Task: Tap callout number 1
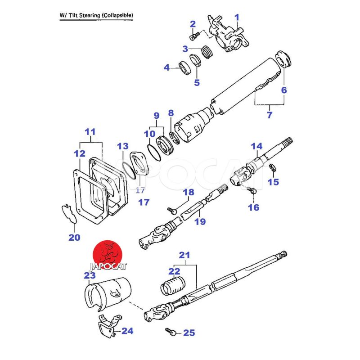tap(237, 18)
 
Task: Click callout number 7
tap(269, 115)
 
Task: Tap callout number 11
tap(90, 132)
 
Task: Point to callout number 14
tap(256, 146)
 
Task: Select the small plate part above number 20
tap(69, 212)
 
